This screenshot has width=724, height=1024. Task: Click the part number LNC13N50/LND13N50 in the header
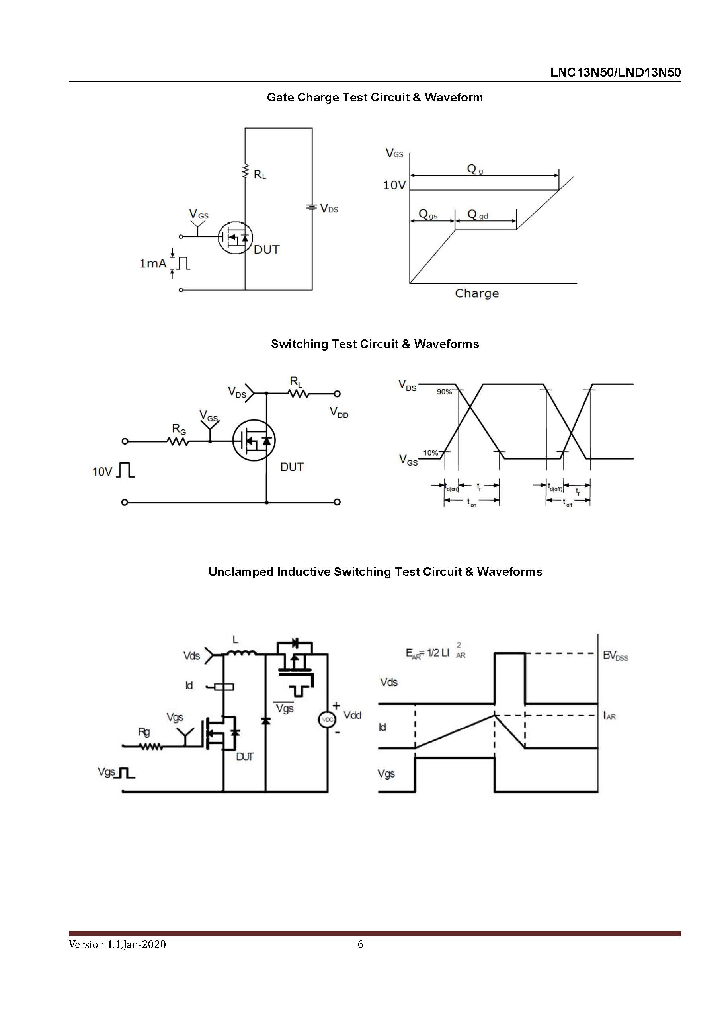pos(615,73)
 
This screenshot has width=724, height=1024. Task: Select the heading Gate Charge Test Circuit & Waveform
pos(375,97)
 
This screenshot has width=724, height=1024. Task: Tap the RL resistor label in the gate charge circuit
pos(260,174)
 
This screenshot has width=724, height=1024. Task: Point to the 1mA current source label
pos(153,263)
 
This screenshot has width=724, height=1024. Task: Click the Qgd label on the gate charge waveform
pos(477,215)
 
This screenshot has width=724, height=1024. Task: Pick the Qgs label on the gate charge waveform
pos(428,215)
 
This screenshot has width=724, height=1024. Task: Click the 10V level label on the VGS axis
pos(394,185)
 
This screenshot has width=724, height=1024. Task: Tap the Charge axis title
pos(477,293)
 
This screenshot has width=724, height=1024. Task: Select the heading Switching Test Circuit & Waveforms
pos(375,344)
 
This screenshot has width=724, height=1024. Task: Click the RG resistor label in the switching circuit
pos(179,429)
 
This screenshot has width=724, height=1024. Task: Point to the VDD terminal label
pos(339,413)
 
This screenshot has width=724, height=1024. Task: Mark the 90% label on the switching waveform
pos(444,392)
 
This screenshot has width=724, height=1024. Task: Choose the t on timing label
pos(472,503)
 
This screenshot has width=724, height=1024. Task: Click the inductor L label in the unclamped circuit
pos(236,640)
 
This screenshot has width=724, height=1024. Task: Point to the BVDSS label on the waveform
pos(616,655)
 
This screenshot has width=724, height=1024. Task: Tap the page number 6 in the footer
pos(361,944)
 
